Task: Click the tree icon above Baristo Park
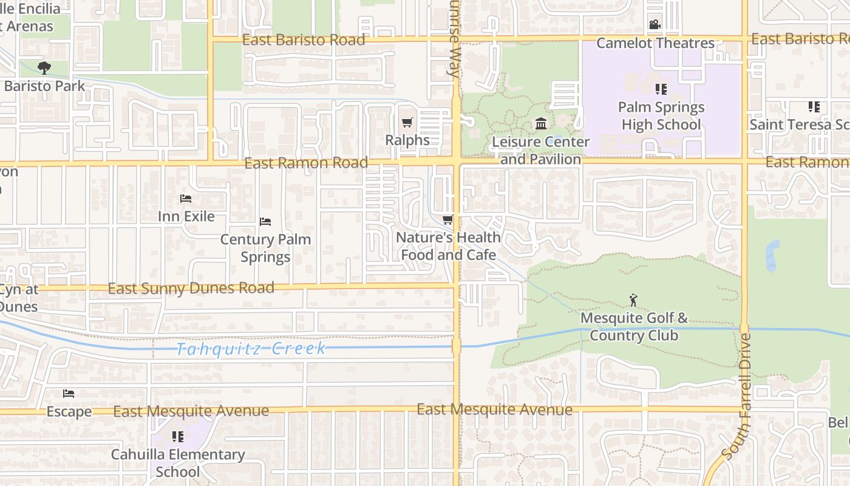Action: (x=44, y=67)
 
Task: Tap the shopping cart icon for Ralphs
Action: (x=407, y=122)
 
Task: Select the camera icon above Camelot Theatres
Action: (x=654, y=24)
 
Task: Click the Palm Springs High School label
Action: (x=661, y=116)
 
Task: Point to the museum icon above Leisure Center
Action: (x=540, y=124)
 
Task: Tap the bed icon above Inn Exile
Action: (x=186, y=199)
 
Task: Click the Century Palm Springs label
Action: (x=265, y=248)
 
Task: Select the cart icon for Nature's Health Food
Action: (x=448, y=219)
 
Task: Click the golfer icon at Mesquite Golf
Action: (x=633, y=299)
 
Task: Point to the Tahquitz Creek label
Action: (x=251, y=349)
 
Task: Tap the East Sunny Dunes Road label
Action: (x=191, y=288)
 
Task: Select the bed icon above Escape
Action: (x=69, y=394)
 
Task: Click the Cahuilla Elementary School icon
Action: (x=177, y=436)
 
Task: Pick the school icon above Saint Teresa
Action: (x=814, y=107)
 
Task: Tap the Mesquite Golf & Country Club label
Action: (x=634, y=327)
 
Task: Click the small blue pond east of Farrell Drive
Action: (x=772, y=255)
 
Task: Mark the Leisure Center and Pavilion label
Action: (x=540, y=151)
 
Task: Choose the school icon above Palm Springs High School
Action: (x=661, y=89)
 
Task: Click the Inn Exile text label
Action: (x=186, y=216)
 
